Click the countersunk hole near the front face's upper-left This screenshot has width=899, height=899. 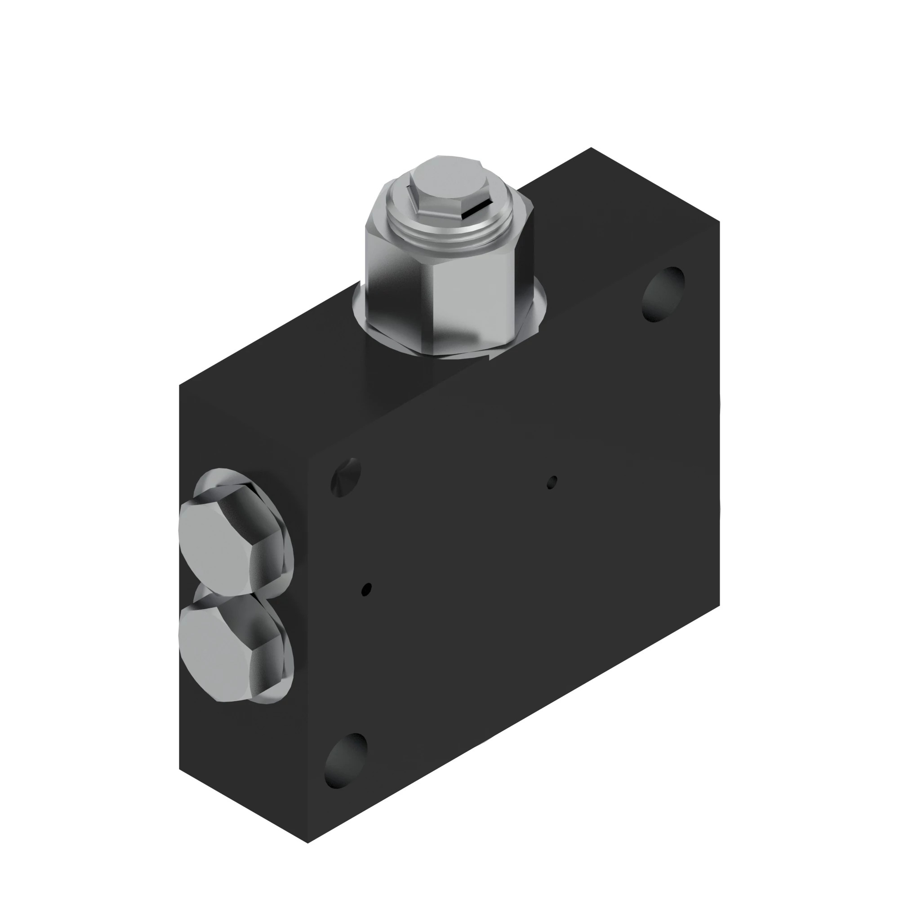click(346, 477)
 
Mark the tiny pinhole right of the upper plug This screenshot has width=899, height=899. click(367, 589)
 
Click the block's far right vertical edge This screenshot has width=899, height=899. click(719, 419)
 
